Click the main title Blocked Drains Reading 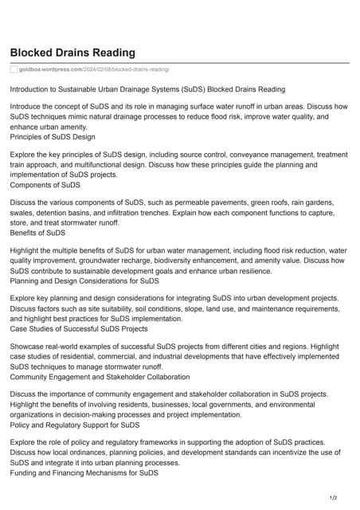72,53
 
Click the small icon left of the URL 14,69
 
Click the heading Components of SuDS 45,185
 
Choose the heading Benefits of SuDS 37,233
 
